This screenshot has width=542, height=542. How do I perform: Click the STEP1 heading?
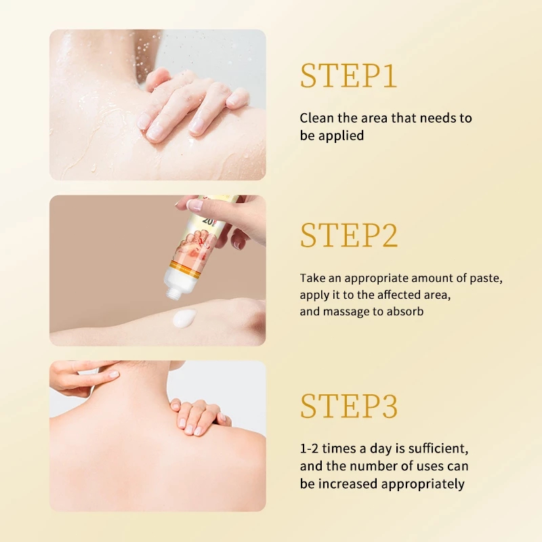pyautogui.click(x=348, y=76)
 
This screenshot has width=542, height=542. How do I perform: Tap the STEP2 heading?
pyautogui.click(x=349, y=235)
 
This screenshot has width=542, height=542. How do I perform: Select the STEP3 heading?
pyautogui.click(x=349, y=406)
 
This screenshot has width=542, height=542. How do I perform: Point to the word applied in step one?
pyautogui.click(x=341, y=136)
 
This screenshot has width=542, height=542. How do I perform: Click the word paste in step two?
pyautogui.click(x=486, y=278)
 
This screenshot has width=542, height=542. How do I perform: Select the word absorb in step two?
pyautogui.click(x=405, y=311)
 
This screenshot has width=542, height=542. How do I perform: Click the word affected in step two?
pyautogui.click(x=396, y=295)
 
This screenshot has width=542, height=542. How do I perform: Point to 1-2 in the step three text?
pyautogui.click(x=309, y=449)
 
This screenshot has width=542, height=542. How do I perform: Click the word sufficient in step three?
pyautogui.click(x=438, y=449)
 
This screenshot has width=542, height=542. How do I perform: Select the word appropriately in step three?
pyautogui.click(x=423, y=484)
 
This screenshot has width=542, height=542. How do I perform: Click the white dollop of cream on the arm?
pyautogui.click(x=184, y=318)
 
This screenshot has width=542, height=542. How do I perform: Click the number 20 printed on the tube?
pyautogui.click(x=208, y=220)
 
